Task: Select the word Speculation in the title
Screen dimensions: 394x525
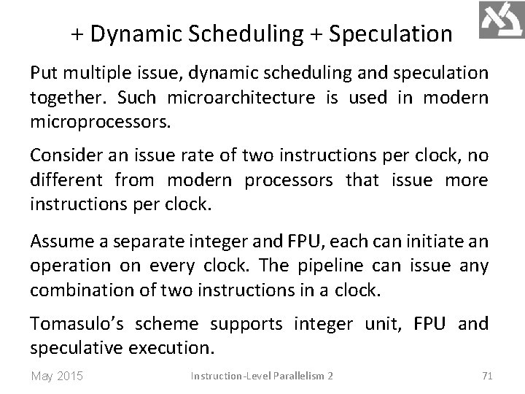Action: point(390,33)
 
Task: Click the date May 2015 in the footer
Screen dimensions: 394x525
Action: point(57,376)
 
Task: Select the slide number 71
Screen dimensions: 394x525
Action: point(488,376)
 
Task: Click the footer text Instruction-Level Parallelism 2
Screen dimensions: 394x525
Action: point(262,376)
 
